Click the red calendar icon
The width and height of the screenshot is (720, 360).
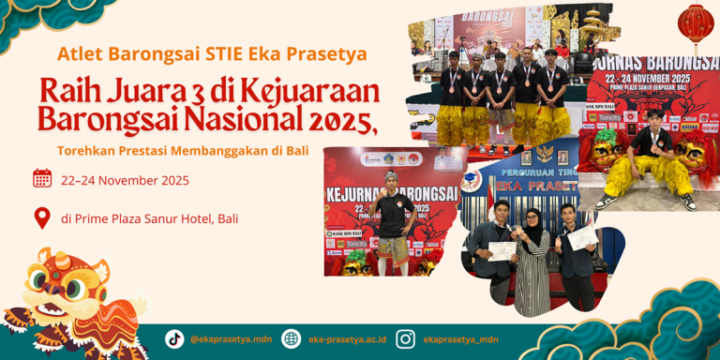pos(42,178)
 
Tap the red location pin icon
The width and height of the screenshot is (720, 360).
pos(42,218)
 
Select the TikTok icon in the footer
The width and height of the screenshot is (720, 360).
pos(174,338)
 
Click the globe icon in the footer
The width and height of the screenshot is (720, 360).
pos(292,338)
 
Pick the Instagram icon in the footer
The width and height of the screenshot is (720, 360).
pos(405,338)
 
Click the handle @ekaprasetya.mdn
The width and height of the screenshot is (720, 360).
pos(231,339)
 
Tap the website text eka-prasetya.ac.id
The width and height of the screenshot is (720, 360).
pos(347,339)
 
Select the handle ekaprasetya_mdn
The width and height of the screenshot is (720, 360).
pos(460,339)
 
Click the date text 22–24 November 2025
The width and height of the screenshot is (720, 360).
pos(125,180)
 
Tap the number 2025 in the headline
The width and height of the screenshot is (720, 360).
pos(337,119)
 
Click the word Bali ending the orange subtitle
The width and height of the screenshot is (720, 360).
pos(297,150)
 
